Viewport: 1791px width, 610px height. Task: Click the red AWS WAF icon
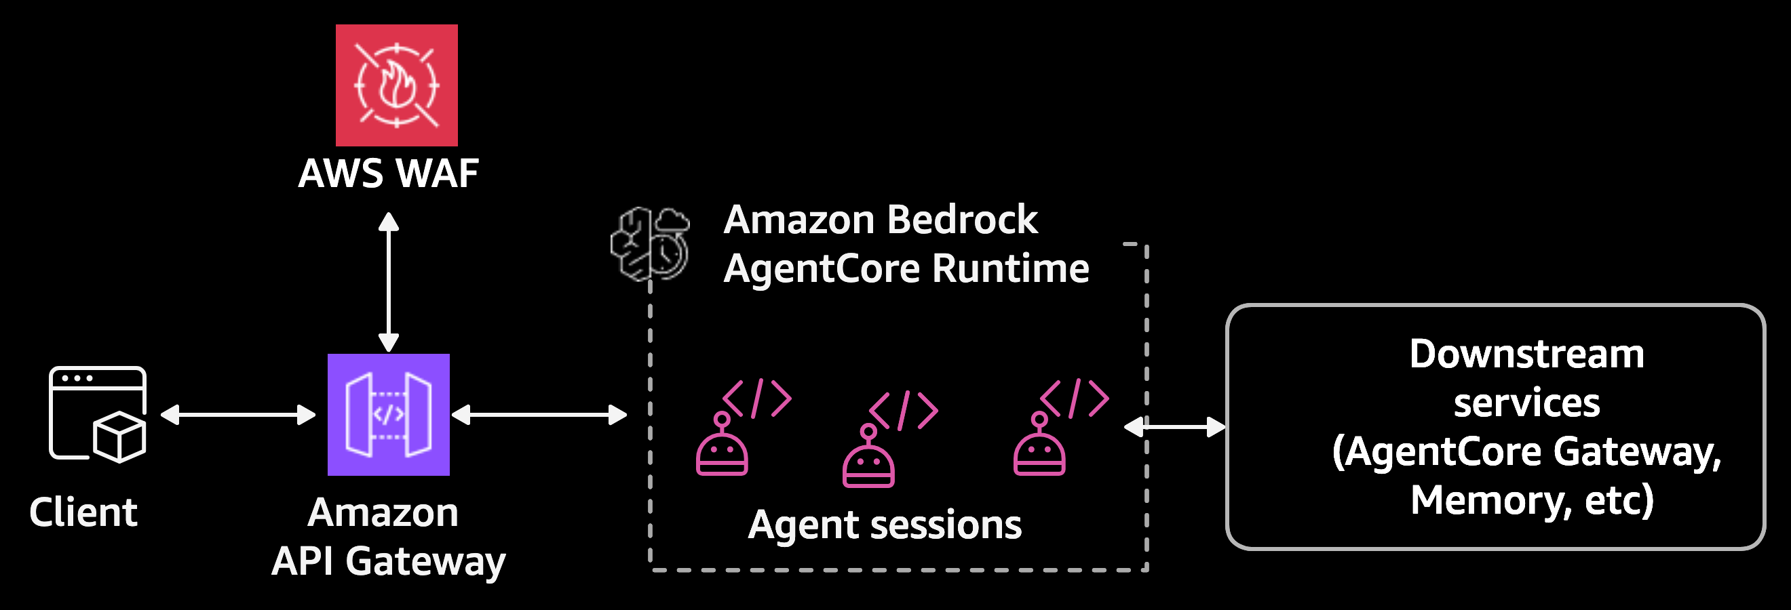[396, 85]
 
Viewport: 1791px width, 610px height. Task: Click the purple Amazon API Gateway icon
[388, 415]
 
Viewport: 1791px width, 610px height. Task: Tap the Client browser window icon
[97, 414]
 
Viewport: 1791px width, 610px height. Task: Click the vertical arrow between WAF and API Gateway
[388, 282]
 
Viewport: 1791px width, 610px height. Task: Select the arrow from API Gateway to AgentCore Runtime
[539, 415]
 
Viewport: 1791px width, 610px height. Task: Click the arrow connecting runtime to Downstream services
[1174, 426]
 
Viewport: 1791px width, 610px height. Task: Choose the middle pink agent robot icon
[869, 459]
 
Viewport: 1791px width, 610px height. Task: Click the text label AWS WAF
[388, 174]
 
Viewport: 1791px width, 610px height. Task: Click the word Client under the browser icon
[83, 512]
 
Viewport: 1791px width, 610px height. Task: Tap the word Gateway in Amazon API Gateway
[425, 561]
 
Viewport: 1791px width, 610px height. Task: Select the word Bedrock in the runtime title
[962, 220]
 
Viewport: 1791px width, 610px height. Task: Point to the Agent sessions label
[885, 525]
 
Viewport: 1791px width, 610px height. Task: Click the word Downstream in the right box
[1527, 354]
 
